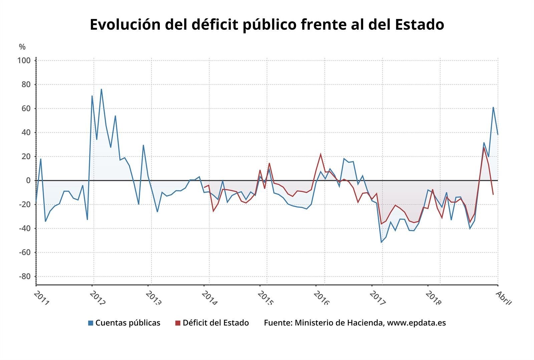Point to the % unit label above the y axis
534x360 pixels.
click(22, 47)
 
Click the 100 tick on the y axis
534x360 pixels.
click(24, 61)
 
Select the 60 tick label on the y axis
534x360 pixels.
click(26, 109)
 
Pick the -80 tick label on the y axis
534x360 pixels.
click(24, 277)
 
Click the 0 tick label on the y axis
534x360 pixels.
click(28, 181)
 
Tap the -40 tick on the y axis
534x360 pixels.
click(24, 228)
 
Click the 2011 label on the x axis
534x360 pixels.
click(42, 298)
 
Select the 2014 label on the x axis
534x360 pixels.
click(210, 298)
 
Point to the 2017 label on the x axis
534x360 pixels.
click(377, 298)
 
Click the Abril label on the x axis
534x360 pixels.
click(503, 297)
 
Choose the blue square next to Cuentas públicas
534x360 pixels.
click(91, 323)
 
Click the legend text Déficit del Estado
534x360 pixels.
click(216, 323)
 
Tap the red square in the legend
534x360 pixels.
click(178, 323)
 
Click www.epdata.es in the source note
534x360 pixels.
click(416, 323)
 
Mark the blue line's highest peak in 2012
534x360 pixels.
click(101, 89)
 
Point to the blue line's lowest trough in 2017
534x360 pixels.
click(381, 242)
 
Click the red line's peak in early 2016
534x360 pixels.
click(321, 154)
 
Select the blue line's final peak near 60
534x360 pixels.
click(493, 108)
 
